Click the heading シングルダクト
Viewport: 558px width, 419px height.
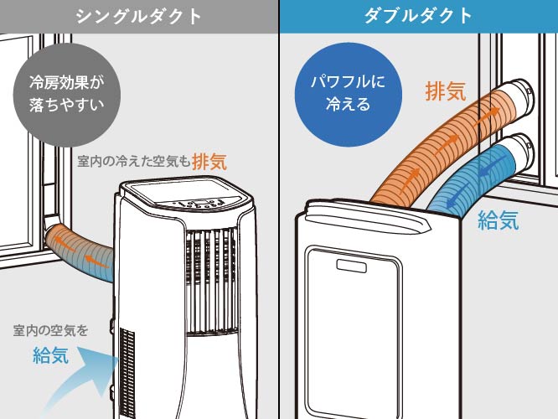(x=139, y=16)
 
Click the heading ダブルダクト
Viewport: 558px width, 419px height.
(x=419, y=16)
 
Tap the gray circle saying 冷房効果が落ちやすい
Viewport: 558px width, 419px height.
(x=67, y=95)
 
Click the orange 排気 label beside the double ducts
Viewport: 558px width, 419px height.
(x=446, y=91)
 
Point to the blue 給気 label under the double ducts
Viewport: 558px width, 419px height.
(x=499, y=220)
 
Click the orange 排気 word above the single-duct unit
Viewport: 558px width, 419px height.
(x=209, y=162)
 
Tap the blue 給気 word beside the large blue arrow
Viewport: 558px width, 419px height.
(x=50, y=355)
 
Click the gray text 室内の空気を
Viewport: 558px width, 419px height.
(x=50, y=331)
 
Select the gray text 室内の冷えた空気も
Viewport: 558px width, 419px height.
(x=134, y=162)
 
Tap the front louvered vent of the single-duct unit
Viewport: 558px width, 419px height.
(x=211, y=282)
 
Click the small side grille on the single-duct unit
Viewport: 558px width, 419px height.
(x=127, y=372)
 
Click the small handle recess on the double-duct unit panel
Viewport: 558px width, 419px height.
(x=352, y=266)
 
